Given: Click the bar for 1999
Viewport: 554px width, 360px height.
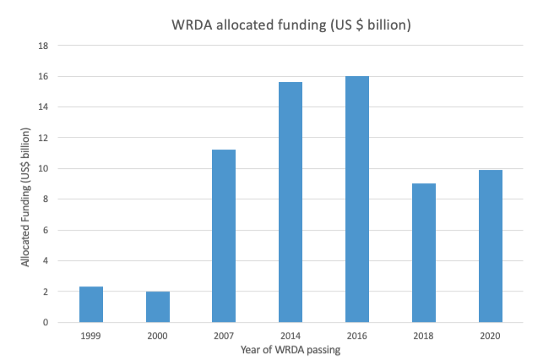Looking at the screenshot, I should tap(91, 304).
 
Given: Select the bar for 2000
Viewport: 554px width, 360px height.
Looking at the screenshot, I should tap(158, 307).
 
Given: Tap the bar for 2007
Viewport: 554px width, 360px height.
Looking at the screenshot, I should tap(224, 236).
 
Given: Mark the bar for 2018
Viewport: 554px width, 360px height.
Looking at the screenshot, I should tap(423, 253).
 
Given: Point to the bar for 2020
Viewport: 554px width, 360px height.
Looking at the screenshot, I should tap(490, 246).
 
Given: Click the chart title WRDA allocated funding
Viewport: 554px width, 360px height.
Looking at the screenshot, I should tap(291, 25).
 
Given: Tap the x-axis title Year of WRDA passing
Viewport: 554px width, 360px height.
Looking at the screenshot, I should tap(291, 350).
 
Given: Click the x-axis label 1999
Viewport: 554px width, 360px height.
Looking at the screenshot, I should tap(91, 335).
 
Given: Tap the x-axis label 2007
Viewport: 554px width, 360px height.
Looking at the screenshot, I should tap(224, 335).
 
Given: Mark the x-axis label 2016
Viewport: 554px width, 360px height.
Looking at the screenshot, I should tap(357, 335).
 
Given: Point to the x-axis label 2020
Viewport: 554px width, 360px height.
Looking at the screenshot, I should tap(490, 335).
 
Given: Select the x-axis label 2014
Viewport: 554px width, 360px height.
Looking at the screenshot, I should tap(291, 335).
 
